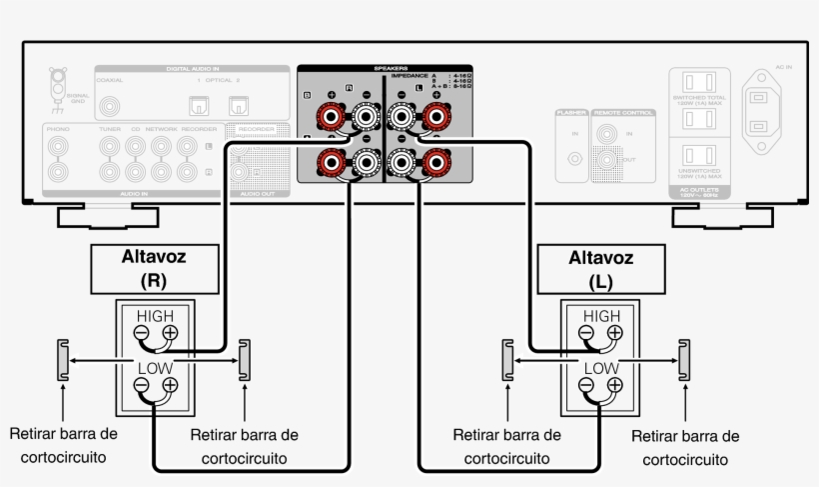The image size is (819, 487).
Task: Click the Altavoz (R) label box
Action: click(x=154, y=267)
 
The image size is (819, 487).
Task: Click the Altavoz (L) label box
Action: click(x=601, y=267)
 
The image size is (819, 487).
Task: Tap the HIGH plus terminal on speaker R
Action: click(x=170, y=334)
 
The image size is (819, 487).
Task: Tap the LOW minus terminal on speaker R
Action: click(x=142, y=385)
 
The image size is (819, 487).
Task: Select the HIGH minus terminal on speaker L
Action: click(x=588, y=334)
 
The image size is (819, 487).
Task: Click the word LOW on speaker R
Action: click(x=155, y=367)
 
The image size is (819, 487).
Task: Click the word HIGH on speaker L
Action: click(x=601, y=316)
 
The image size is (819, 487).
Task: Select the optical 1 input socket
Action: click(x=198, y=104)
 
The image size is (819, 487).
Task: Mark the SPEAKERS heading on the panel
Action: click(x=385, y=69)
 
